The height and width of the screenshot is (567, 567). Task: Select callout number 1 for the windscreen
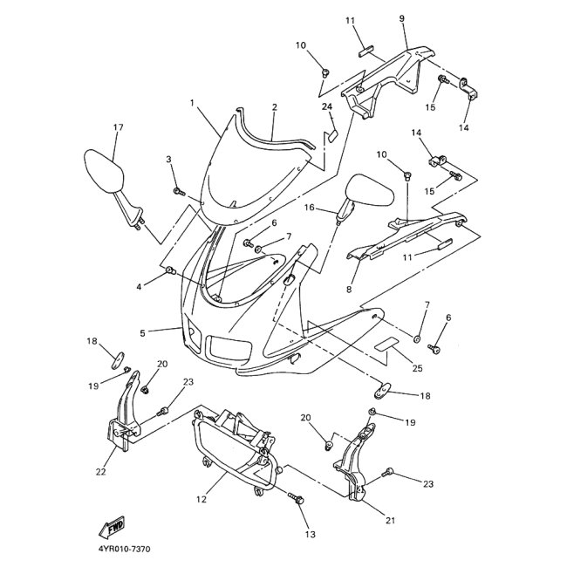191,104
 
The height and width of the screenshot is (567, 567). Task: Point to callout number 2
274,107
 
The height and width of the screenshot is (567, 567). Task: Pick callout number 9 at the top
401,18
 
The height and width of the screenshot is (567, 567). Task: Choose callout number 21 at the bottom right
390,521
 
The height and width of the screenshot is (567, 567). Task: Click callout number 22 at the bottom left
100,472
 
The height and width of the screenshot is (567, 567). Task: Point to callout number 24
328,107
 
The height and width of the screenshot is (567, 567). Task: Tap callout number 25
417,368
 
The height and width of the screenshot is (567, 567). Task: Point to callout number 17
118,127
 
